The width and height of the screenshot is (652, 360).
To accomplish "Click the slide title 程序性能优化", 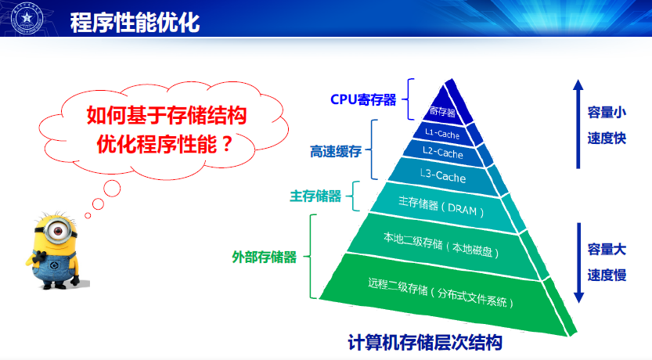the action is (x=135, y=21).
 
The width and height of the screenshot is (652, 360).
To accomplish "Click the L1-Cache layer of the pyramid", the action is (x=442, y=134).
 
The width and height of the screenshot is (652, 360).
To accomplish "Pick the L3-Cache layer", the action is (x=442, y=178).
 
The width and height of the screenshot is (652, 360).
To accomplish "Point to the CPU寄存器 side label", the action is (x=363, y=99).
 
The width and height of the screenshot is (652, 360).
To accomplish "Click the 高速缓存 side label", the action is (x=335, y=151).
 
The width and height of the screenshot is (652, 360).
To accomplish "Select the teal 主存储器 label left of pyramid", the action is (x=315, y=196).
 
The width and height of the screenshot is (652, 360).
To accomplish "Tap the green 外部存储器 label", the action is (x=265, y=256).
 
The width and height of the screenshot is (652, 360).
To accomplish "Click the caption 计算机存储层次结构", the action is (x=424, y=343).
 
